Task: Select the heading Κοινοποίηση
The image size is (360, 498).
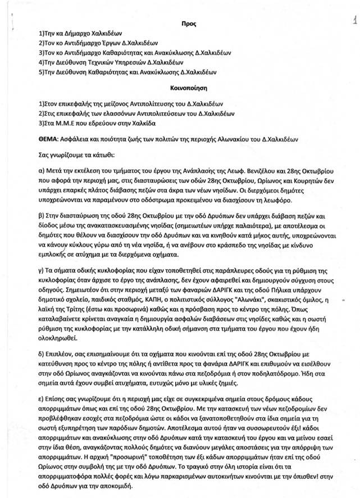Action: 183,88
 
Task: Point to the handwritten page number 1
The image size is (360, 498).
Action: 354,21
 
